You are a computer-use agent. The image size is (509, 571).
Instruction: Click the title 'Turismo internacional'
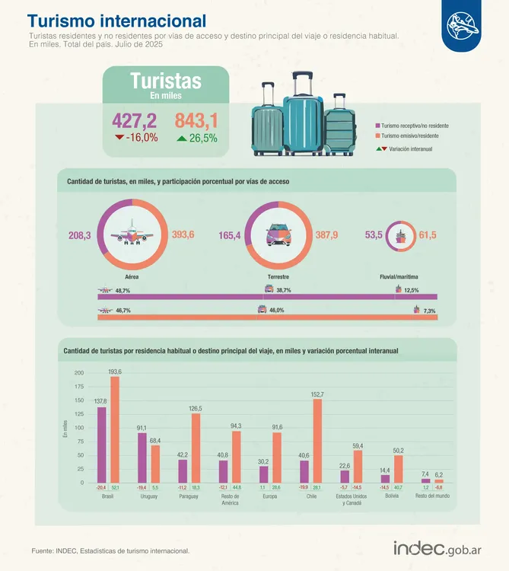pyautogui.click(x=116, y=21)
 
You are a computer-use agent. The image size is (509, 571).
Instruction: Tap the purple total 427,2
pyautogui.click(x=134, y=120)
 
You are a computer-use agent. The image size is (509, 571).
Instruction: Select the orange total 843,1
pyautogui.click(x=196, y=120)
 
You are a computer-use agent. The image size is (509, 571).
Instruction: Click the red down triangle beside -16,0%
pyautogui.click(x=119, y=138)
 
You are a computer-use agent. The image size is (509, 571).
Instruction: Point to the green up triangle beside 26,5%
pyautogui.click(x=180, y=138)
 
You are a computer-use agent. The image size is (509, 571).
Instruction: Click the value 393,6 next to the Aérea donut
pyautogui.click(x=183, y=235)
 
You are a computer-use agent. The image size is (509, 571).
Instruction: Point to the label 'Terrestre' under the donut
pyautogui.click(x=278, y=276)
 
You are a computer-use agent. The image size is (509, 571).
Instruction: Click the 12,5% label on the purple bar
pyautogui.click(x=411, y=290)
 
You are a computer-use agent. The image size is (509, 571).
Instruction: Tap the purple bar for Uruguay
pyautogui.click(x=142, y=458)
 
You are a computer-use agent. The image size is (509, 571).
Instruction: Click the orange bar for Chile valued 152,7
pyautogui.click(x=317, y=441)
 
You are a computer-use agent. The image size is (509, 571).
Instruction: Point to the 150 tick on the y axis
pyautogui.click(x=79, y=400)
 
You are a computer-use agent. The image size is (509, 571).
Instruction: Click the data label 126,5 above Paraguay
pyautogui.click(x=196, y=409)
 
